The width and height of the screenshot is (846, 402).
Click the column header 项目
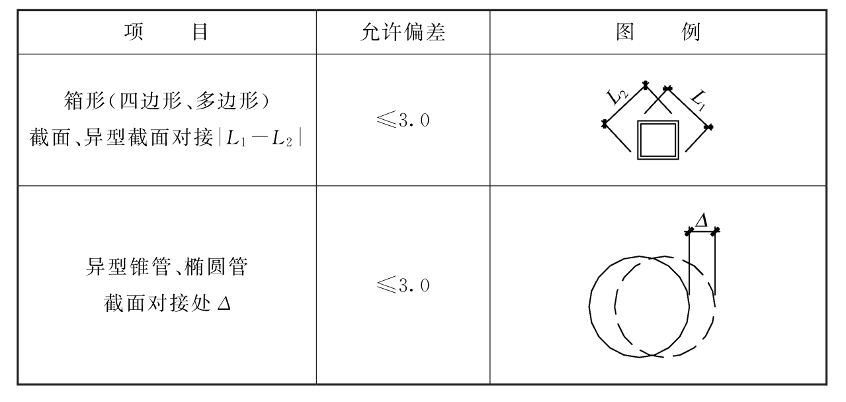point(166,32)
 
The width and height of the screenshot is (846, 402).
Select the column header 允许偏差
point(403,32)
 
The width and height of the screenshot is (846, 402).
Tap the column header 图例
point(658,32)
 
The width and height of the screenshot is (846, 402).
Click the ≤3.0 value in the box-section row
point(403,120)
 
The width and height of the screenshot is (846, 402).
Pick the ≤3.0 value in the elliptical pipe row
point(403,285)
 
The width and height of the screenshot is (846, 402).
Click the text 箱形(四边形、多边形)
point(167,101)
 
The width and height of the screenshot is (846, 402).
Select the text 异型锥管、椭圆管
point(167,267)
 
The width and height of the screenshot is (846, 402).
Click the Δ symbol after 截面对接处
point(224,303)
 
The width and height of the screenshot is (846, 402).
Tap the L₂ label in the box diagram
point(616,97)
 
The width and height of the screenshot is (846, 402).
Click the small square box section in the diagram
point(658,140)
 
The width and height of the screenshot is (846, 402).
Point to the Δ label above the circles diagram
point(701,220)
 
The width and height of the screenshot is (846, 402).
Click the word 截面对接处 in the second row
point(156,303)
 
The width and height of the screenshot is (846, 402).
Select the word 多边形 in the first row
point(228,101)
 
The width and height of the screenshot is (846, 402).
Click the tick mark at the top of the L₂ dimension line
point(646,85)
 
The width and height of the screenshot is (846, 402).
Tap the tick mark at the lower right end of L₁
point(708,127)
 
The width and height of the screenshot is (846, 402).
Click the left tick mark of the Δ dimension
point(689,231)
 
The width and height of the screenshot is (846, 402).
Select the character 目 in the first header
point(200,32)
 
